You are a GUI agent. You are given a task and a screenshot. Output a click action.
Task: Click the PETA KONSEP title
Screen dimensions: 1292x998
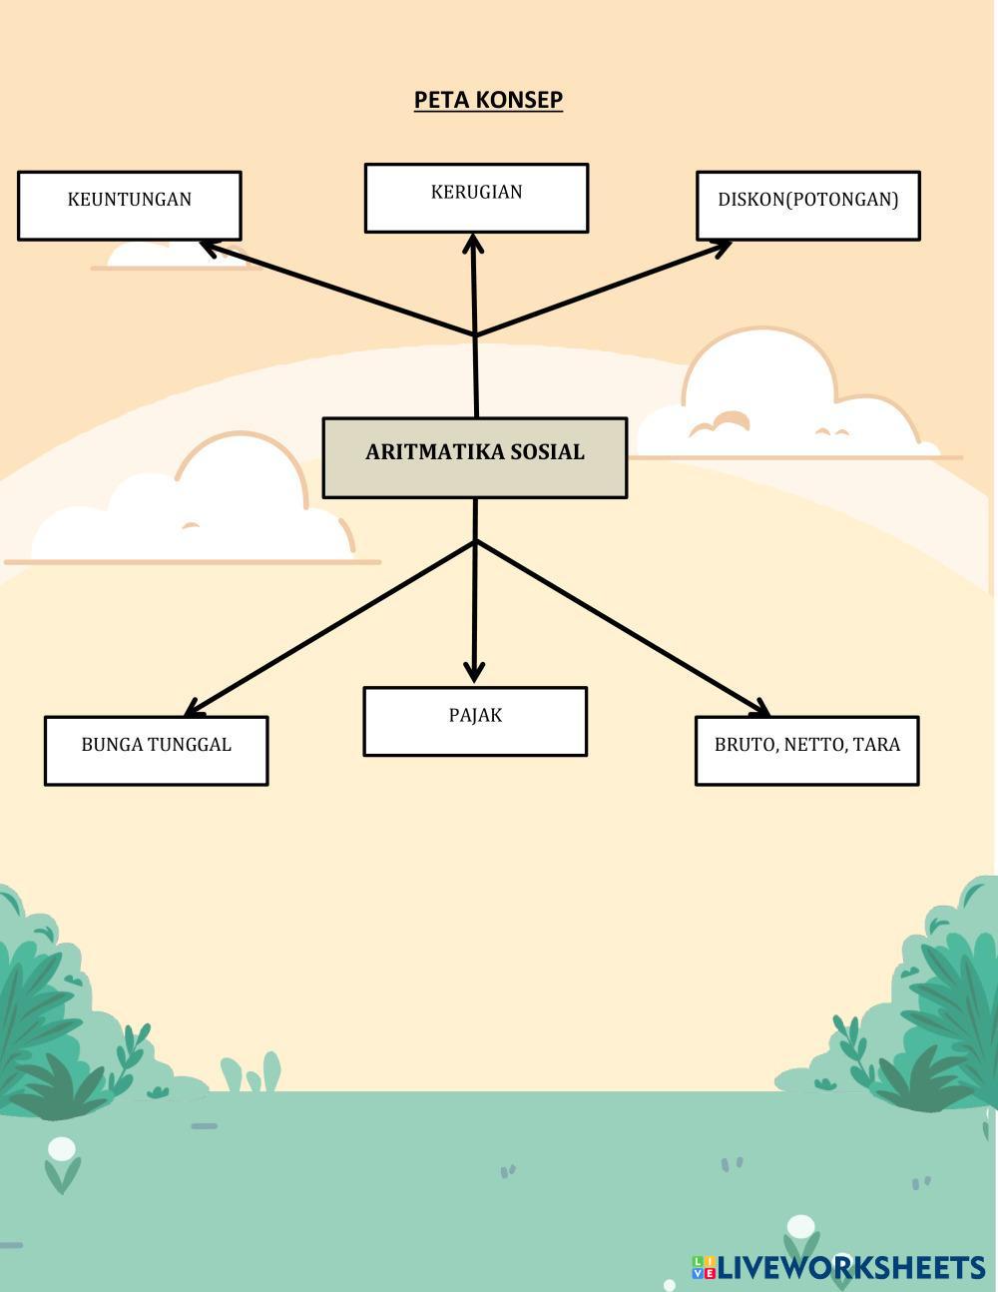488,100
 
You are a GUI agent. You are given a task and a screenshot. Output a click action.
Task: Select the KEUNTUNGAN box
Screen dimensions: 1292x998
129,206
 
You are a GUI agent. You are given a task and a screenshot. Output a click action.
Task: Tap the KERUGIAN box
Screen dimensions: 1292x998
476,198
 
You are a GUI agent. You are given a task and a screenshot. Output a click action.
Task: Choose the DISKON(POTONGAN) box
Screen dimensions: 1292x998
807,206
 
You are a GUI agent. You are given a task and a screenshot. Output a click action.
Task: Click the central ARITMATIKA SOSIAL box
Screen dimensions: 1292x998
474,457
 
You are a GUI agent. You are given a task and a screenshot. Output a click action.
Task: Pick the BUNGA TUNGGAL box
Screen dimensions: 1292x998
156,750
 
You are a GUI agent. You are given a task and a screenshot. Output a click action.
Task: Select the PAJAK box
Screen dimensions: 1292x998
474,721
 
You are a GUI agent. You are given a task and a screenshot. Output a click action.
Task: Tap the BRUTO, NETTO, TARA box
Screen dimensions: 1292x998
806,750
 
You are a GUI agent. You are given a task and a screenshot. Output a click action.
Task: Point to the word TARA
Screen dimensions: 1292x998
876,744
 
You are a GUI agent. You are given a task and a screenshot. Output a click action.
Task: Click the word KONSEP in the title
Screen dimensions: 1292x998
519,100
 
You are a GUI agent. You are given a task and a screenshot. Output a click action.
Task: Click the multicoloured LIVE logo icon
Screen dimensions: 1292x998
704,1267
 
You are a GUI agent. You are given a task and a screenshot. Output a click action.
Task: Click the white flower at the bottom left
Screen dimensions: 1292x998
62,1150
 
